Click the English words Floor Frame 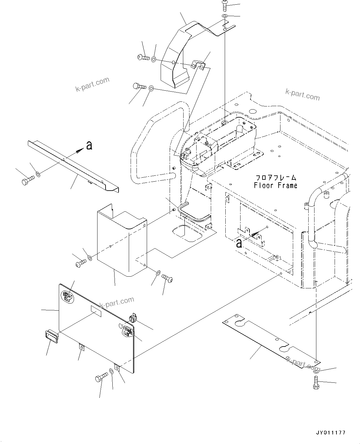(275, 185)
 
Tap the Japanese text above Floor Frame (275, 178)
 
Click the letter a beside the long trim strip (89, 145)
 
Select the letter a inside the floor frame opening (239, 243)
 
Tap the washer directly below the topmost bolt (225, 15)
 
